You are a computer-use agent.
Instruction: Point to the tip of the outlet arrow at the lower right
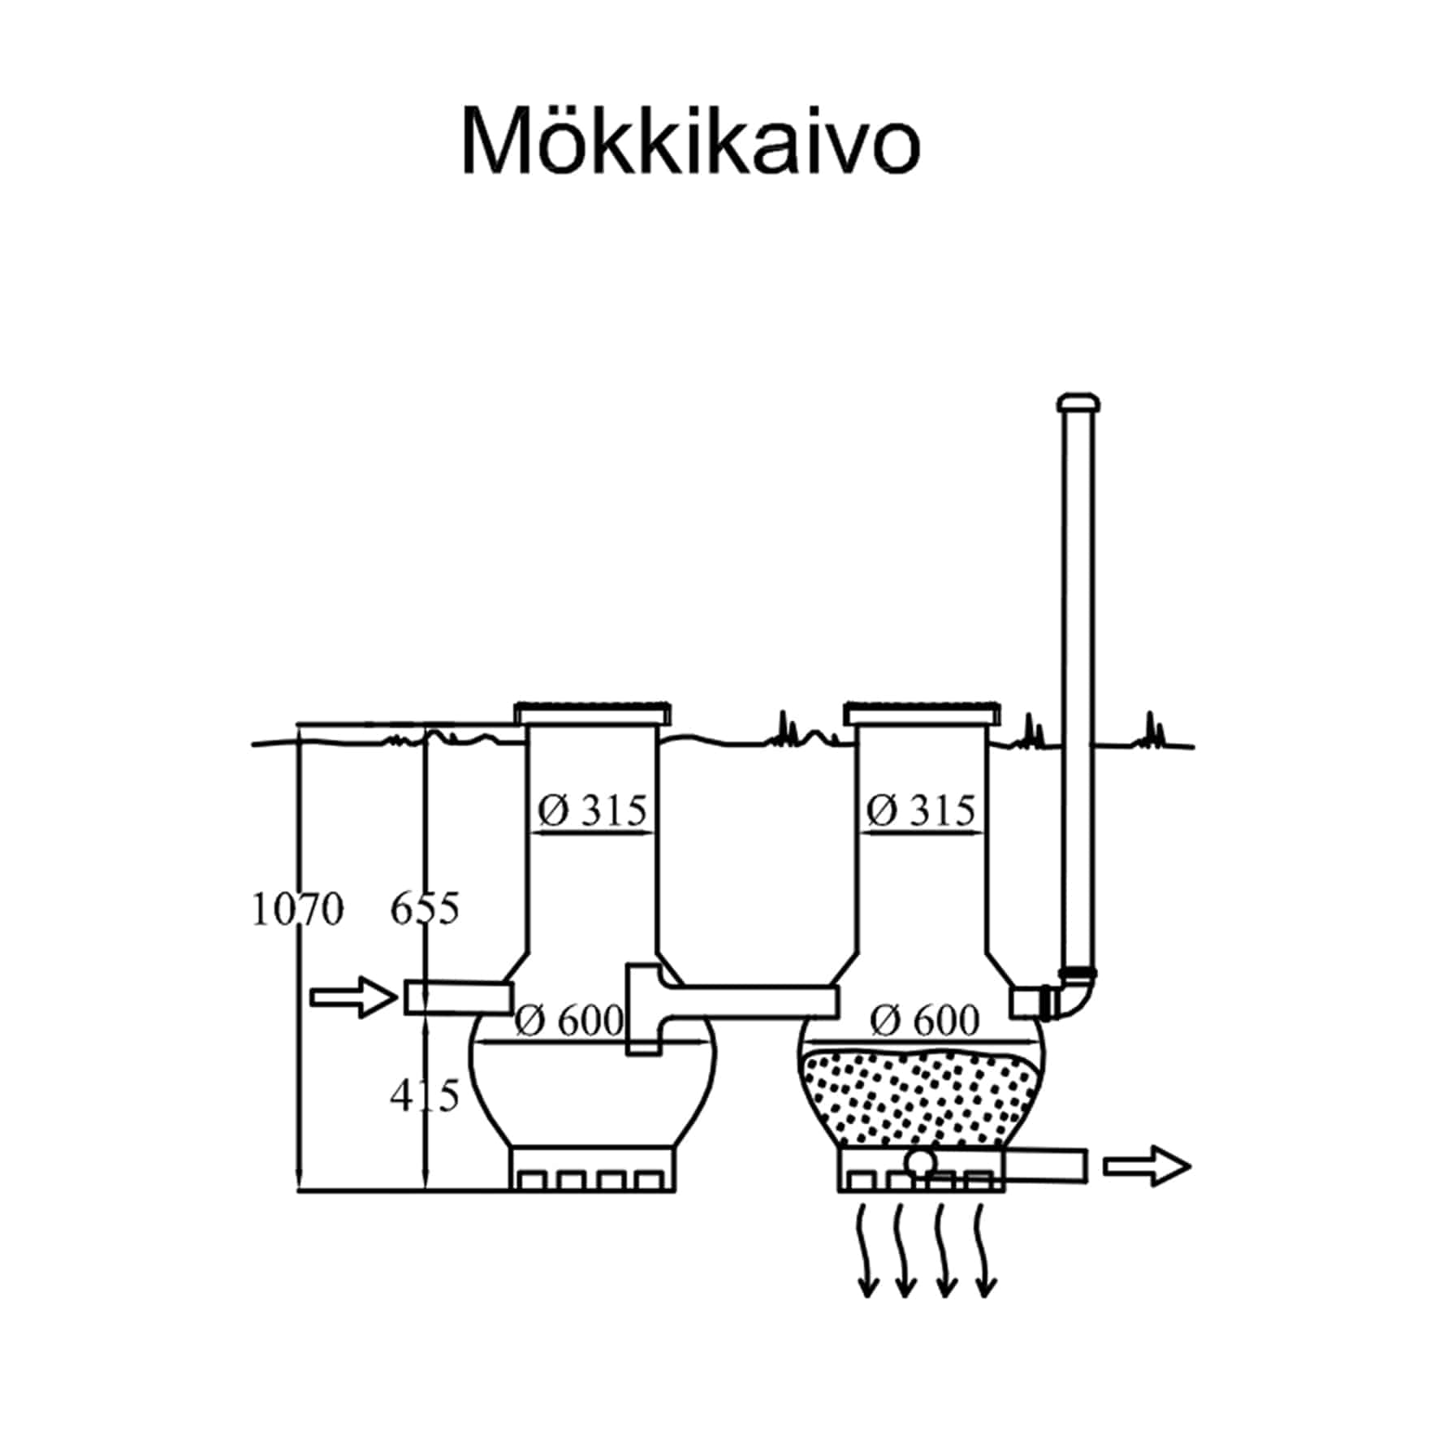(1191, 1167)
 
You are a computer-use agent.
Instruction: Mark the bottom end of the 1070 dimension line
(299, 1191)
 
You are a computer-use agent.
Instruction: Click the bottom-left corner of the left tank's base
(511, 1191)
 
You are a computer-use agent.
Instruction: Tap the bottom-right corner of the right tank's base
(1005, 1191)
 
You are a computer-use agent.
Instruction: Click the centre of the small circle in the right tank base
(921, 1162)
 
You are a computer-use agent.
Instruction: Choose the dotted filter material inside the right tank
(921, 1097)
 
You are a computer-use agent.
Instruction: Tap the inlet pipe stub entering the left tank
(459, 997)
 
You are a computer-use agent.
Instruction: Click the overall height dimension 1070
(297, 910)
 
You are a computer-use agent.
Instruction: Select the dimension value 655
(425, 909)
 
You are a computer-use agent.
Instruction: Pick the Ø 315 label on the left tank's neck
(592, 810)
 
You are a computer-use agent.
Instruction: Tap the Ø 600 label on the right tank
(924, 1020)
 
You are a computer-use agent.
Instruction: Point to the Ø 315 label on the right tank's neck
(921, 810)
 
